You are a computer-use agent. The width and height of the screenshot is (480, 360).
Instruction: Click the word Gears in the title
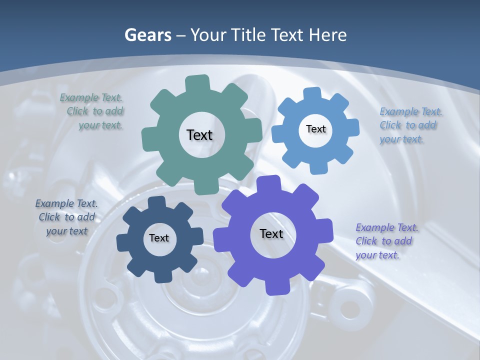tap(148, 35)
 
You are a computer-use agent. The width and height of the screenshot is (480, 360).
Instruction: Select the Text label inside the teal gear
tap(200, 135)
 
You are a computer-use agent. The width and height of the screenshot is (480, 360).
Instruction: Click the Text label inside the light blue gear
tap(316, 129)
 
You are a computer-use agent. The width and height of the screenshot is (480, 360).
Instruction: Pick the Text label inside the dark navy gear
tap(159, 238)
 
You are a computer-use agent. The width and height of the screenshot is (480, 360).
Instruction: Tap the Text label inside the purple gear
tap(271, 233)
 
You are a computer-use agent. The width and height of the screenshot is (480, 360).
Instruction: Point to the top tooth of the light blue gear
tap(312, 93)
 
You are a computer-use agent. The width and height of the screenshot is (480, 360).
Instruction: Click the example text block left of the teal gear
tap(95, 111)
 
